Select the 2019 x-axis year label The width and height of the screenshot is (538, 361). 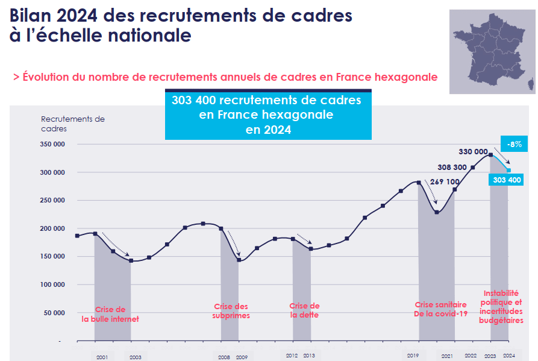tap(413, 356)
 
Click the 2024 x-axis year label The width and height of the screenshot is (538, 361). tap(509, 356)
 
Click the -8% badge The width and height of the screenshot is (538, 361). tap(514, 145)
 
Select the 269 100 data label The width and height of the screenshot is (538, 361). tap(445, 181)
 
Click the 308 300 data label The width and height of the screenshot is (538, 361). tap(452, 167)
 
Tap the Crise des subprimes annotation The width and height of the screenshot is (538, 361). tap(231, 311)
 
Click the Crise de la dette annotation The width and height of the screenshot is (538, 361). tap(304, 310)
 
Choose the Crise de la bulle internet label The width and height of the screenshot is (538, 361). tap(110, 314)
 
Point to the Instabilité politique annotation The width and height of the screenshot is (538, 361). tap(501, 307)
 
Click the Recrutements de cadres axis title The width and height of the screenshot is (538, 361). tap(72, 123)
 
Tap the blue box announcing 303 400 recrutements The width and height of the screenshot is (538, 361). tap(268, 115)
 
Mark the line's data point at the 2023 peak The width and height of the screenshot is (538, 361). tap(491, 155)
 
